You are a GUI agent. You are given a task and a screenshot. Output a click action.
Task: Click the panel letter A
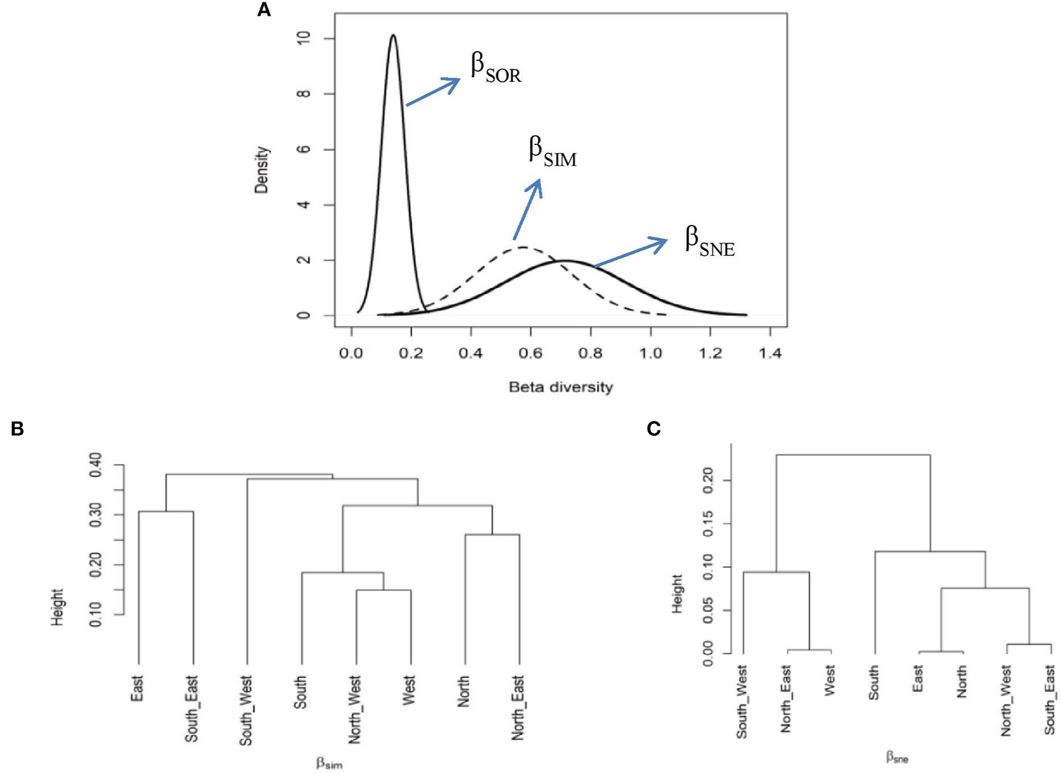(x=263, y=10)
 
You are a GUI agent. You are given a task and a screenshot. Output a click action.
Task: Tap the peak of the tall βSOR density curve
(x=393, y=35)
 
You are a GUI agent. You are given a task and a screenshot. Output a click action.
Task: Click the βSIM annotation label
(x=552, y=151)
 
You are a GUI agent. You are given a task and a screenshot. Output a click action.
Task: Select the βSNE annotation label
(x=710, y=241)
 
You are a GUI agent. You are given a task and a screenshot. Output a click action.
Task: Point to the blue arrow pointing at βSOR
(x=433, y=92)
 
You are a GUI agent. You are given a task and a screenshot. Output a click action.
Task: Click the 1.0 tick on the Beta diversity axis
(x=650, y=353)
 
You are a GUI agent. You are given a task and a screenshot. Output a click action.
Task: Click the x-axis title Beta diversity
(x=560, y=387)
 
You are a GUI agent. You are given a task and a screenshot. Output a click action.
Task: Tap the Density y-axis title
(x=262, y=170)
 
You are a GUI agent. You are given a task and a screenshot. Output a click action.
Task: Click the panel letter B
(x=17, y=429)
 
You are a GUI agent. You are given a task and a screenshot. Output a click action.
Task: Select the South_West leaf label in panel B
(x=246, y=711)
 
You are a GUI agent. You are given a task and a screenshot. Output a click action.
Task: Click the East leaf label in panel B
(x=137, y=688)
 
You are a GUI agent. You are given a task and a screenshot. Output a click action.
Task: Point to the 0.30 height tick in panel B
(x=96, y=515)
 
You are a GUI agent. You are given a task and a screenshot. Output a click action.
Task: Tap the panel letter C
(x=654, y=429)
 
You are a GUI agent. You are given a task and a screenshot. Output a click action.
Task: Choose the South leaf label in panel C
(x=874, y=682)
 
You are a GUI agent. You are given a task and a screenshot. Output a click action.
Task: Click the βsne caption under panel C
(x=897, y=758)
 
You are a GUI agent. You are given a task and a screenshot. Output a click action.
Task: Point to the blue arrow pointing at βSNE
(x=630, y=252)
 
